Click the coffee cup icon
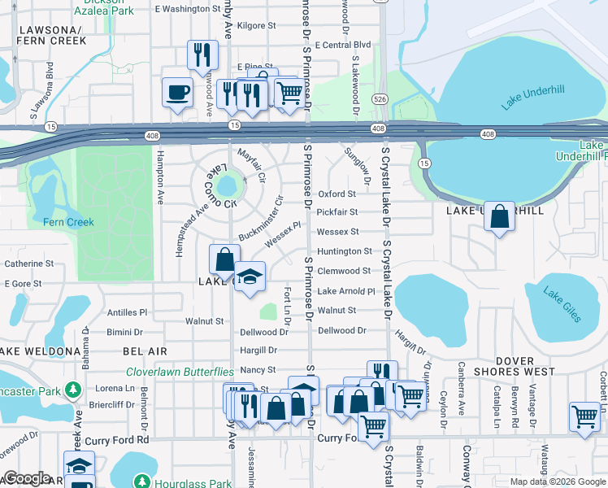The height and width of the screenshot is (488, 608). [176, 92]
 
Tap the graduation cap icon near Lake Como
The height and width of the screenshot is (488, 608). [250, 277]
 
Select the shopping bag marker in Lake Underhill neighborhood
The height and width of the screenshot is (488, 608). [499, 217]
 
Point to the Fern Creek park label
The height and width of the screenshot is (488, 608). [68, 222]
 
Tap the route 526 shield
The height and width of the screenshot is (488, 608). [380, 98]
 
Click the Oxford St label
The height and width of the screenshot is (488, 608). [337, 194]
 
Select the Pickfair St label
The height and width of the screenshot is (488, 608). [337, 212]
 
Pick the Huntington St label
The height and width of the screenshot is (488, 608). [344, 252]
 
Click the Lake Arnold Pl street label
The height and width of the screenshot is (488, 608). [345, 291]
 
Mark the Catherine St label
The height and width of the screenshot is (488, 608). [28, 264]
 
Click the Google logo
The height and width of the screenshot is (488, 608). [26, 478]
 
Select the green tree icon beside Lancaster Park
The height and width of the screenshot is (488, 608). [72, 390]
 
